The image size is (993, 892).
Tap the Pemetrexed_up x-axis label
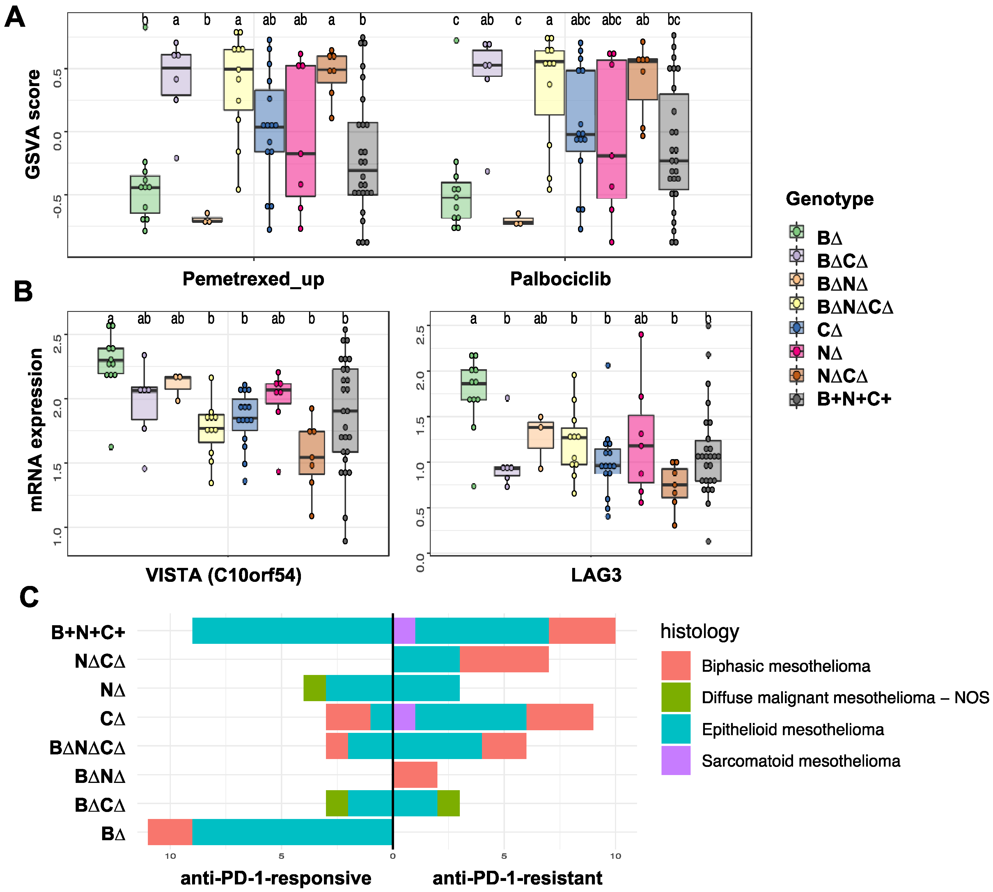(x=253, y=279)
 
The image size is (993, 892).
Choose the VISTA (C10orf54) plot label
(x=224, y=575)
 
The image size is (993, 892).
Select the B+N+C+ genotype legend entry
(x=853, y=399)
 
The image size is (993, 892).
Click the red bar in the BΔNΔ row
(x=415, y=775)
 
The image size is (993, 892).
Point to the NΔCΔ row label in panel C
(x=100, y=661)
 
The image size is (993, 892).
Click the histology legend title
(x=699, y=631)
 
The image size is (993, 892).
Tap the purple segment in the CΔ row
(x=404, y=717)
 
